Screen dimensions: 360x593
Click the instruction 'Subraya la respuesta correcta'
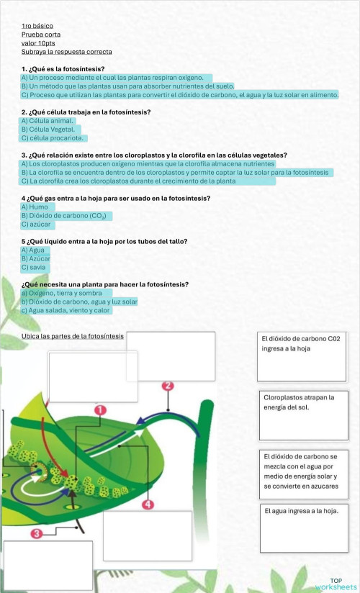coord(67,51)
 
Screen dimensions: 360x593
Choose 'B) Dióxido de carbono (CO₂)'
coord(64,215)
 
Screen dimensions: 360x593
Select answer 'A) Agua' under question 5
coord(33,250)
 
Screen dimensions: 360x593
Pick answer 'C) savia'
coord(34,267)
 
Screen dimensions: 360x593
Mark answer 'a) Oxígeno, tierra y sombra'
coord(61,293)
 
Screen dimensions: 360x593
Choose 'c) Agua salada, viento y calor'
coord(66,310)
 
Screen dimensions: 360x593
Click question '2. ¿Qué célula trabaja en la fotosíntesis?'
coord(86,112)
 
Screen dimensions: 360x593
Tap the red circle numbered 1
coord(101,409)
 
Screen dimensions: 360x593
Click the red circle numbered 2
coord(168,386)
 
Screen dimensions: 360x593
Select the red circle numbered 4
coord(148,504)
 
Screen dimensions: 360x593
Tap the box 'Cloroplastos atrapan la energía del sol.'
coord(302,415)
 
